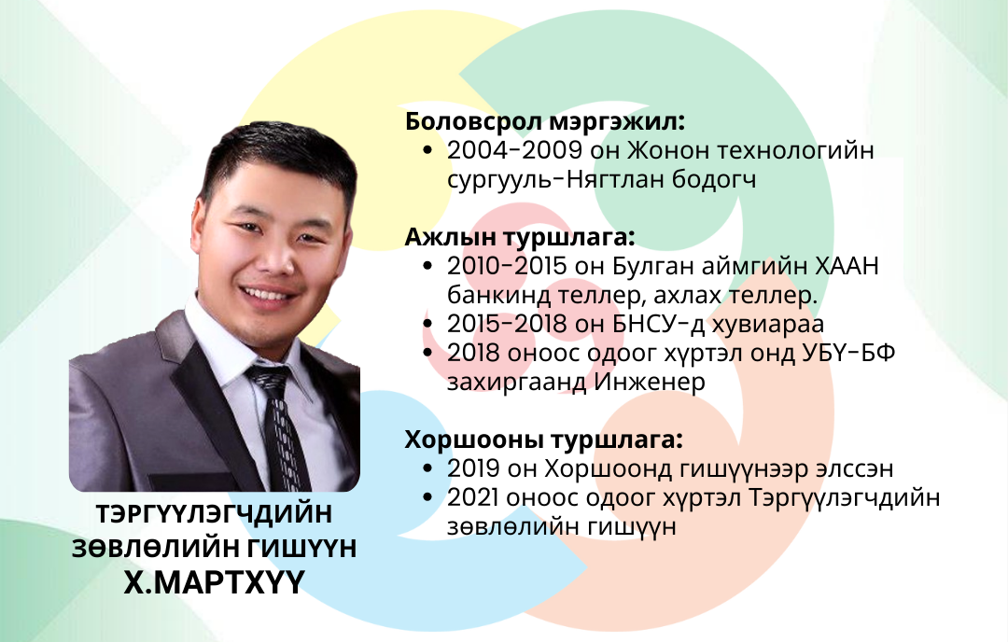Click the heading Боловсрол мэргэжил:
(x=545, y=121)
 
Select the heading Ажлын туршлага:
(x=520, y=237)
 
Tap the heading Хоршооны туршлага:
(x=544, y=440)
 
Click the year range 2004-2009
(x=514, y=150)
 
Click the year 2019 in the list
(x=473, y=468)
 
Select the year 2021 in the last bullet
(x=472, y=497)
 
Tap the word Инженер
(x=650, y=383)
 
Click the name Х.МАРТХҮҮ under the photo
(x=214, y=583)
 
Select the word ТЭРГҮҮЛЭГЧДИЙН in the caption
(x=214, y=514)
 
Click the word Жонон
(x=667, y=150)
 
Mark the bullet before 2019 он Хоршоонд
(x=428, y=469)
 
